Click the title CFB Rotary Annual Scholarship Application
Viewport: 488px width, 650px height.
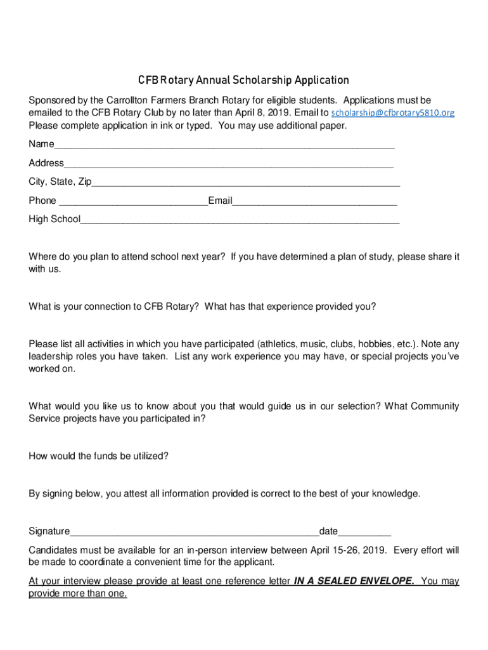tap(244, 81)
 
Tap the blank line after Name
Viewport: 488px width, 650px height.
tap(224, 145)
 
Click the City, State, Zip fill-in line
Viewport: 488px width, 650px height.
tap(246, 183)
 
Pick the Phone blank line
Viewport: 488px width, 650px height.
tap(132, 202)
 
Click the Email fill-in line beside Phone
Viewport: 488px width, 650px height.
tap(314, 202)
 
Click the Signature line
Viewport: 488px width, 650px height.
tap(194, 532)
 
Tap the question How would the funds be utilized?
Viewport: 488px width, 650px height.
tap(98, 456)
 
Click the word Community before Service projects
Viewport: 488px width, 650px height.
tap(435, 406)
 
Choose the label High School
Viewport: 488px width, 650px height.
tap(55, 220)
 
